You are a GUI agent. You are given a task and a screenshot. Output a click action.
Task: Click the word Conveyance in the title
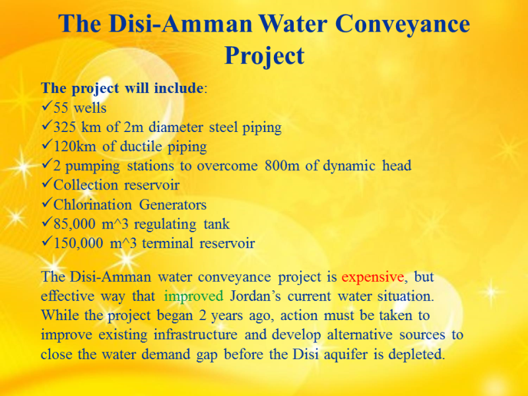click(403, 24)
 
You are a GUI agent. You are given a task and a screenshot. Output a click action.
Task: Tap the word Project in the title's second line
click(265, 55)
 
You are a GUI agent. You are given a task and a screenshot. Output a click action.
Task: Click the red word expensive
click(372, 277)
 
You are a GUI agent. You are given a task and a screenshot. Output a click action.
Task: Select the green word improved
click(193, 296)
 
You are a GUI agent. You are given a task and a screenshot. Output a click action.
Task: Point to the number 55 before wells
click(61, 108)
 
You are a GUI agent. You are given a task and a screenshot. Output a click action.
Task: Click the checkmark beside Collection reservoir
click(47, 184)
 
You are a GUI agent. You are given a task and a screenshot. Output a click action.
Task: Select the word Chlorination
click(92, 205)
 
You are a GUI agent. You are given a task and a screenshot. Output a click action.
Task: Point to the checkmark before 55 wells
click(47, 107)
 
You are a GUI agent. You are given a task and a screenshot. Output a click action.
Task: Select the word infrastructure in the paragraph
click(195, 335)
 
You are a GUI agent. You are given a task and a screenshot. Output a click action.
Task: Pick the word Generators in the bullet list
click(173, 205)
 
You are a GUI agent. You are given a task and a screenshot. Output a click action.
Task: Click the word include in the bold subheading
click(178, 88)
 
